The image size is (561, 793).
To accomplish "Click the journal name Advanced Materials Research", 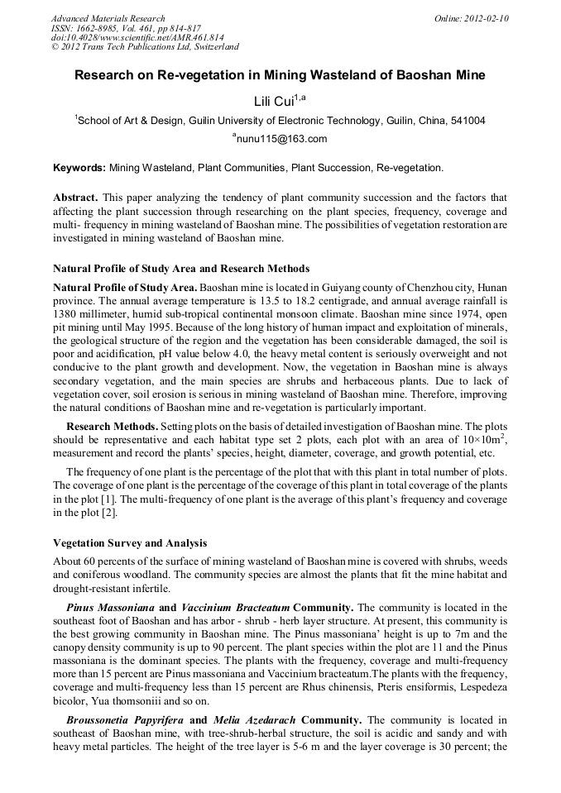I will point(108,18).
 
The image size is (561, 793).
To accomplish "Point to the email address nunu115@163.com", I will point(282,139).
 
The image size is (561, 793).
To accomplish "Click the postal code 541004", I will point(467,121).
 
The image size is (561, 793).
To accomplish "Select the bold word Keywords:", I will point(79,168).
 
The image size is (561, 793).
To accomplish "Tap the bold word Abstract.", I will point(76,198).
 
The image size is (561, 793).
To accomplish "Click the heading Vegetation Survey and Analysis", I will point(130,543).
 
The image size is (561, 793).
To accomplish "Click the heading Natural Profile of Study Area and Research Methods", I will point(181,269).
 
